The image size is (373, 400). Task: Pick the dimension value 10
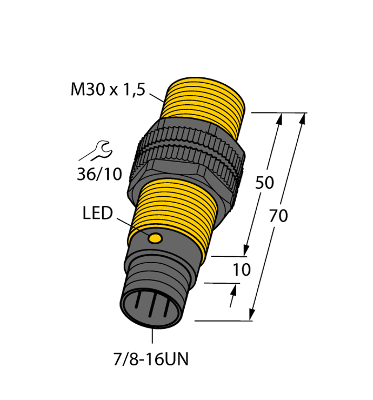tap(241, 270)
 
